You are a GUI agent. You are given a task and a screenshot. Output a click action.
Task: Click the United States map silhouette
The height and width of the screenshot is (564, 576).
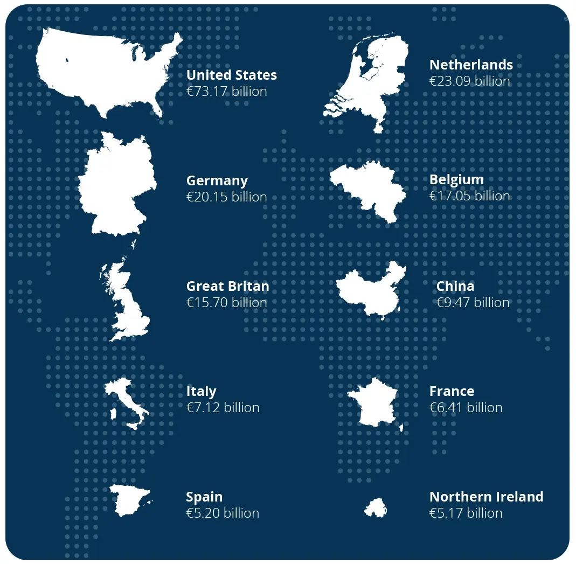tap(108, 70)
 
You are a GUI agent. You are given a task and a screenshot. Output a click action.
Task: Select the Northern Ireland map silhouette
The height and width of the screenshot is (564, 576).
tap(376, 508)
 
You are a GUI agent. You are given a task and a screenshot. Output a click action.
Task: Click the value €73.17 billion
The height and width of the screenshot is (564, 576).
tap(226, 91)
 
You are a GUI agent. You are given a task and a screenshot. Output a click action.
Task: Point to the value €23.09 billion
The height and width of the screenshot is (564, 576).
tap(469, 81)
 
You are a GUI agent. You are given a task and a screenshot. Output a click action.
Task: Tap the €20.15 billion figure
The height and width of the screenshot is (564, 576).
tap(226, 197)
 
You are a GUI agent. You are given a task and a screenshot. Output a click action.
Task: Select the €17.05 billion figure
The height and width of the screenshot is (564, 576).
tap(469, 196)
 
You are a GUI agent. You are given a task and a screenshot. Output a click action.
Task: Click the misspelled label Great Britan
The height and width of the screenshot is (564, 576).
tap(227, 286)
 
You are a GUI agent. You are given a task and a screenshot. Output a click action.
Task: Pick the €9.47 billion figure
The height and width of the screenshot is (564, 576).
tap(473, 302)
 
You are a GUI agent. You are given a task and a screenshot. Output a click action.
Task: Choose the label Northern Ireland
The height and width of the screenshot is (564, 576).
tap(486, 497)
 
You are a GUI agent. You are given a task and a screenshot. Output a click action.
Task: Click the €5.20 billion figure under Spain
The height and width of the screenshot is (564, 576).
tap(223, 513)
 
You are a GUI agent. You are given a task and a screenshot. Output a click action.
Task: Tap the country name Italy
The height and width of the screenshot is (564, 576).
tap(201, 391)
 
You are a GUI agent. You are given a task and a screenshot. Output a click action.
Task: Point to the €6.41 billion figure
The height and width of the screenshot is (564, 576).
tap(466, 407)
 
